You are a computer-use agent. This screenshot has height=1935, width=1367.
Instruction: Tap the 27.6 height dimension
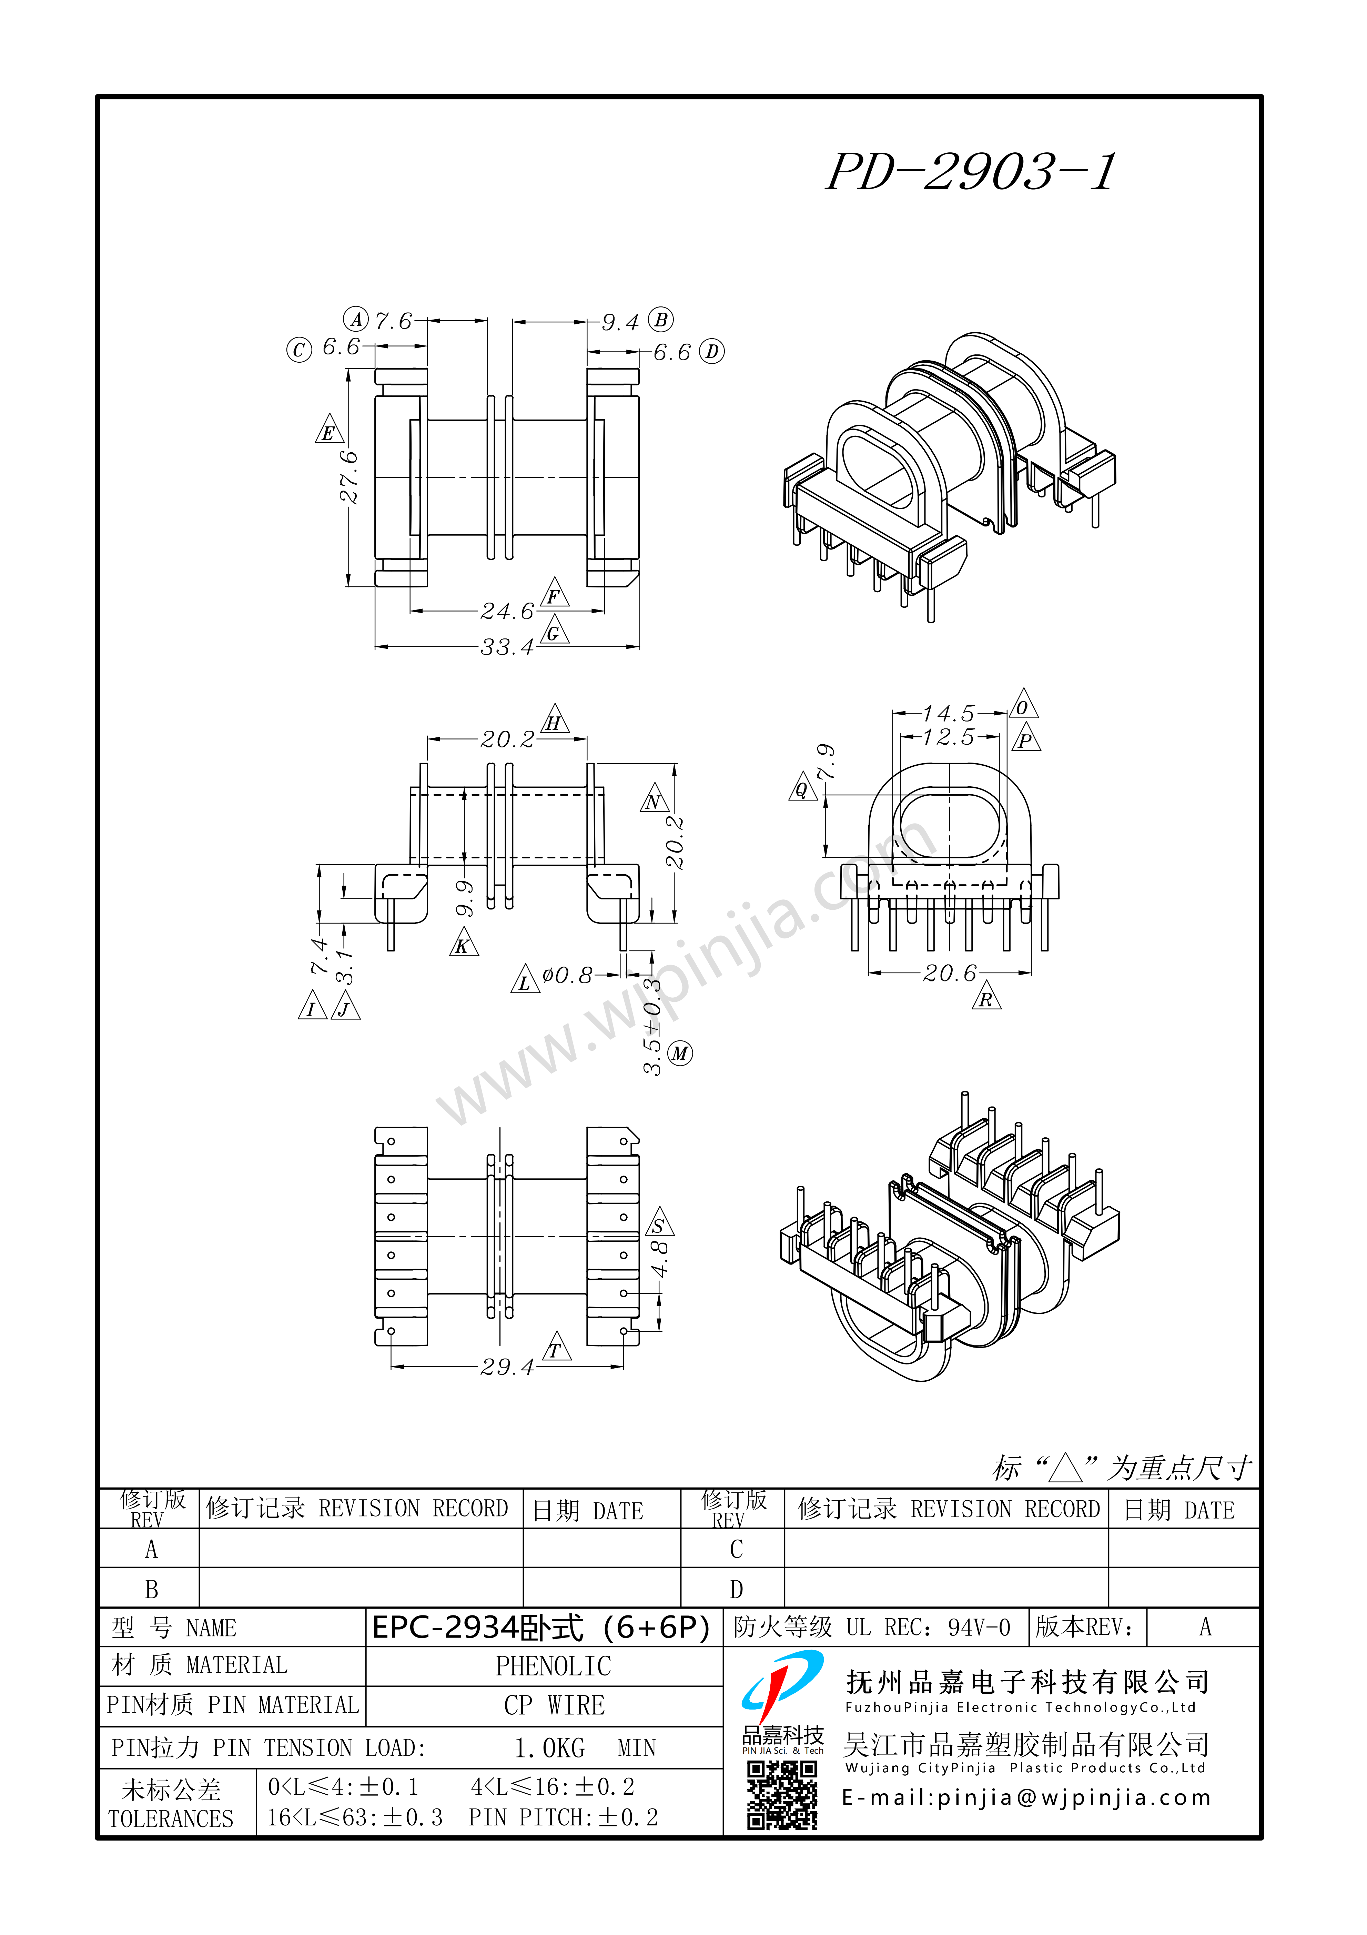[x=348, y=477]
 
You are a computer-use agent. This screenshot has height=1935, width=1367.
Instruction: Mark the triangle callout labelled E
[x=328, y=430]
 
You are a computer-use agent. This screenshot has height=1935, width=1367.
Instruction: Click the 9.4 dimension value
[x=620, y=322]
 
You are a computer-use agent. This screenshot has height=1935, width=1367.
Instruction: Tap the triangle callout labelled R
[x=986, y=998]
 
